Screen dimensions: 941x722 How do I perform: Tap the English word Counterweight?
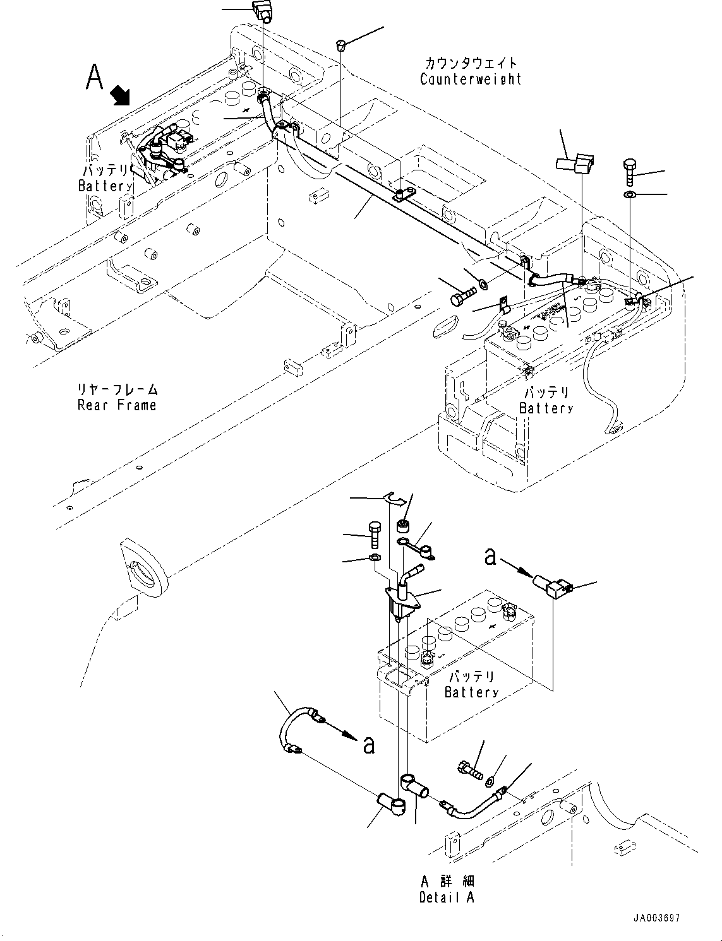pyautogui.click(x=471, y=79)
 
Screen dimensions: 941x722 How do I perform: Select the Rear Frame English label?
pyautogui.click(x=117, y=405)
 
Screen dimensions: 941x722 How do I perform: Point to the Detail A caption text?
pyautogui.click(x=447, y=897)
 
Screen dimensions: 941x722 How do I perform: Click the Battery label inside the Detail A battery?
pyautogui.click(x=471, y=692)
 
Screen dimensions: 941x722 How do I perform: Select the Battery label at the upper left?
pyautogui.click(x=105, y=186)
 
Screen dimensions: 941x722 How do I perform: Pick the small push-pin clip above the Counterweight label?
pyautogui.click(x=341, y=45)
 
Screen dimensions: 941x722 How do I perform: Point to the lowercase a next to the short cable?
pyautogui.click(x=369, y=745)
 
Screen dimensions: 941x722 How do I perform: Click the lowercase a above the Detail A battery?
pyautogui.click(x=490, y=556)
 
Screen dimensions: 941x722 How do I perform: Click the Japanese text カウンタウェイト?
pyautogui.click(x=471, y=62)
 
